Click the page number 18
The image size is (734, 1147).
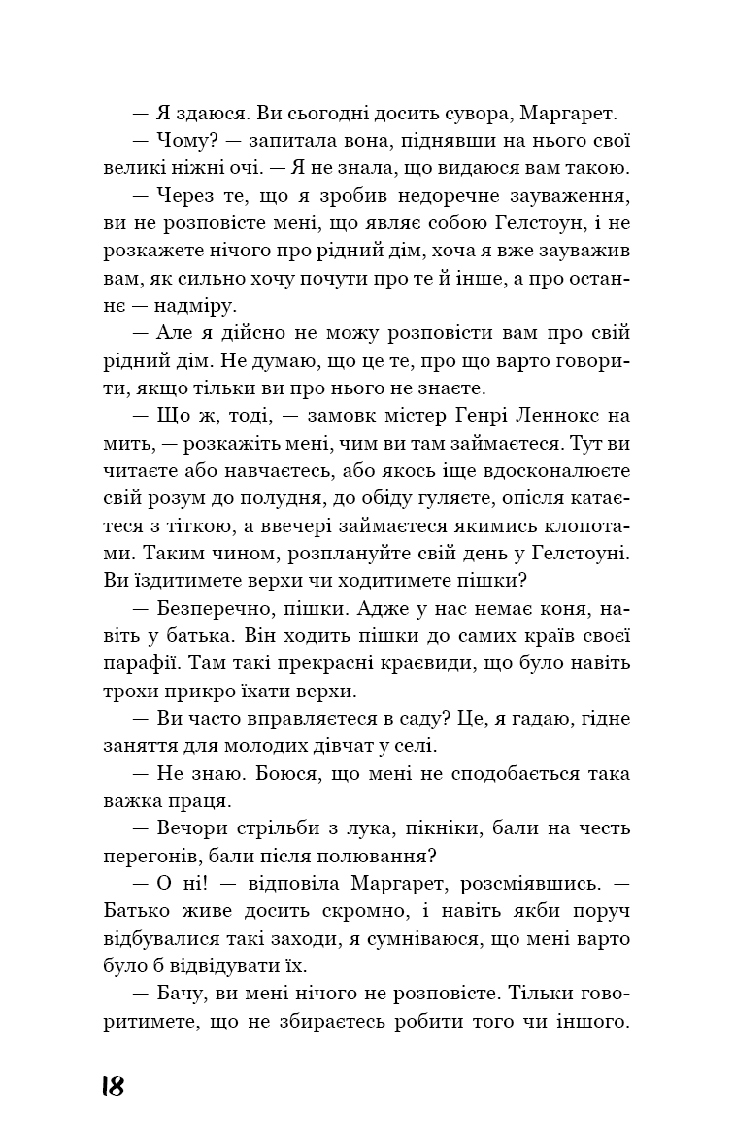pyautogui.click(x=113, y=1086)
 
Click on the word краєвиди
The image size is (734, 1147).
pyautogui.click(x=446, y=663)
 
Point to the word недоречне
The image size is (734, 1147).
pyautogui.click(x=417, y=195)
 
